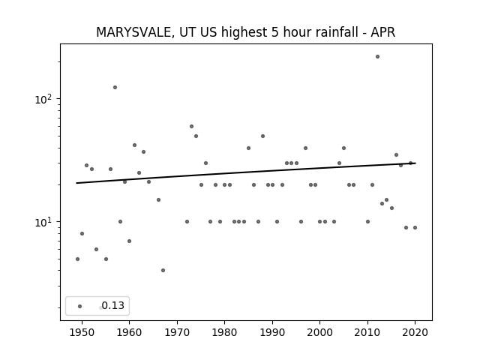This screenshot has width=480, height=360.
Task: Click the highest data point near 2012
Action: pyautogui.click(x=377, y=57)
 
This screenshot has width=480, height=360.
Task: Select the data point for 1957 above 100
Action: pyautogui.click(x=115, y=87)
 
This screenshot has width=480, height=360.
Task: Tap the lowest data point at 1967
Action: pyautogui.click(x=163, y=270)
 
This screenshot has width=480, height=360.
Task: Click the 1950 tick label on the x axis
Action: pyautogui.click(x=82, y=332)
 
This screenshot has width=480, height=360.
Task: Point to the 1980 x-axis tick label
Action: pyautogui.click(x=225, y=332)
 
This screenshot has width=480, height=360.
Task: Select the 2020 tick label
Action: pyautogui.click(x=415, y=332)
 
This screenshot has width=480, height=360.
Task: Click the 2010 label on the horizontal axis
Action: pyautogui.click(x=367, y=332)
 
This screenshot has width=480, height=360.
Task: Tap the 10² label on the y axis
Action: pyautogui.click(x=45, y=99)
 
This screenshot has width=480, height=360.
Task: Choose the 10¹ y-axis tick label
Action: pyautogui.click(x=45, y=222)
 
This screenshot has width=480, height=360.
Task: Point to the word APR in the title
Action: pyautogui.click(x=382, y=32)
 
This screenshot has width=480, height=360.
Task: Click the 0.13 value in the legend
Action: pyautogui.click(x=113, y=305)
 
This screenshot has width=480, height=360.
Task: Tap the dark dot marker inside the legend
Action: pyautogui.click(x=80, y=306)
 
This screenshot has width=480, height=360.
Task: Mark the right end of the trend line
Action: pyautogui.click(x=415, y=163)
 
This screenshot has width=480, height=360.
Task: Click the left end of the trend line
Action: pyautogui.click(x=76, y=183)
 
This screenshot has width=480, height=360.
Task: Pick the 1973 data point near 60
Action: pyautogui.click(x=192, y=127)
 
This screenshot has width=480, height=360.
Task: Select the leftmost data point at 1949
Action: pyautogui.click(x=77, y=259)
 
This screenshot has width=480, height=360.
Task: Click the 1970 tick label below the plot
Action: pyautogui.click(x=177, y=332)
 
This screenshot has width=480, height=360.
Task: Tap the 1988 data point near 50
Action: pyautogui.click(x=263, y=136)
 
